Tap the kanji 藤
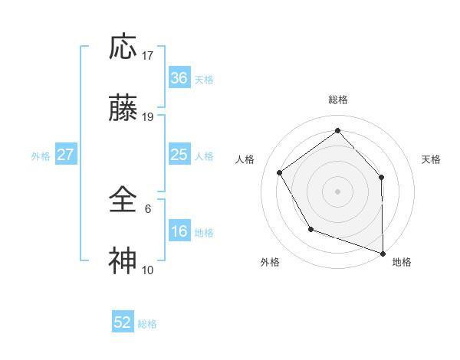point(123,110)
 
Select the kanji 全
point(123,200)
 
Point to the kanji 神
point(123,261)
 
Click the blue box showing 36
point(179,78)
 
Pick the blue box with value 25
point(179,155)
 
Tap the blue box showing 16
point(179,231)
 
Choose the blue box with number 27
point(65,155)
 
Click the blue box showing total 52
point(123,322)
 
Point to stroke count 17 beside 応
point(148,56)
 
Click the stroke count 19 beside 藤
point(148,117)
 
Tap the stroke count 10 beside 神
point(148,270)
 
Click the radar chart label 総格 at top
point(337,100)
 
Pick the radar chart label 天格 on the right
point(431,159)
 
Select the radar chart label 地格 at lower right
point(402,262)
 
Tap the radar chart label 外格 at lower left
point(270,262)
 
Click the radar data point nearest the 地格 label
point(383,252)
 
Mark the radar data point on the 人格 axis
point(280,172)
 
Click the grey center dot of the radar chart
point(337,190)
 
